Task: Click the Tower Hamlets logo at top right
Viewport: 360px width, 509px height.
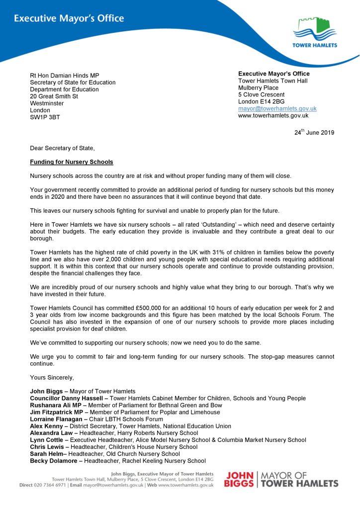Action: point(315,33)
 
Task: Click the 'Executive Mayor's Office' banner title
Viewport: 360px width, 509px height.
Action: point(69,19)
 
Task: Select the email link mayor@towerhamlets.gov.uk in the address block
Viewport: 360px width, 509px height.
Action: point(277,108)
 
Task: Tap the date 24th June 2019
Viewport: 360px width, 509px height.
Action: point(314,132)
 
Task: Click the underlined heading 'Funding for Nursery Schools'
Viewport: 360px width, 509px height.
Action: point(71,162)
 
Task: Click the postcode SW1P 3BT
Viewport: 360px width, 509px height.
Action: point(45,117)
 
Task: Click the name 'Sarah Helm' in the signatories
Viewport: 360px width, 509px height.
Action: point(46,454)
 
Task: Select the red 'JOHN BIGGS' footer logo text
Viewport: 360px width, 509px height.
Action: point(240,480)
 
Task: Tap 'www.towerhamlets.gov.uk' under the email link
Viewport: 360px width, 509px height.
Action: point(273,115)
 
